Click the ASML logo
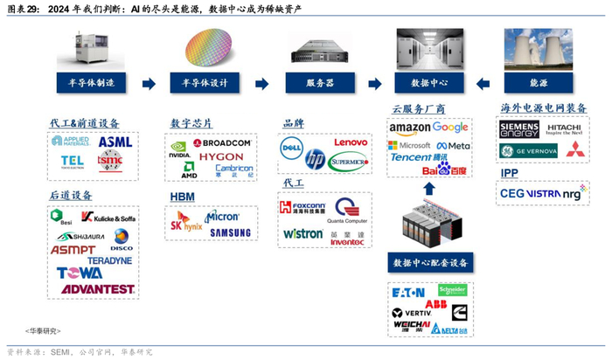click(x=115, y=142)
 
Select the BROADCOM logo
click(x=222, y=142)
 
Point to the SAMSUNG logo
click(x=229, y=232)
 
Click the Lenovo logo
click(x=351, y=142)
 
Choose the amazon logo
click(x=409, y=128)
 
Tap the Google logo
click(x=451, y=128)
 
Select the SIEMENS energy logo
click(x=519, y=130)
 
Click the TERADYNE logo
click(x=109, y=260)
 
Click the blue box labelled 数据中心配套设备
click(x=428, y=263)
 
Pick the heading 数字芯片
click(x=191, y=123)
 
